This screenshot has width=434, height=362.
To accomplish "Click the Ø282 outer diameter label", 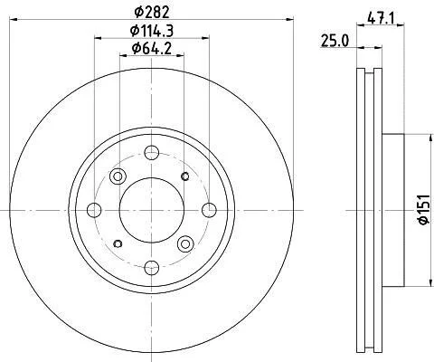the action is [x=152, y=13].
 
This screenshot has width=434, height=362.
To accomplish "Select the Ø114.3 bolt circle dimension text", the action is [x=152, y=31].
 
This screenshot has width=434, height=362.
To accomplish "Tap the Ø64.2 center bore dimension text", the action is [x=152, y=49].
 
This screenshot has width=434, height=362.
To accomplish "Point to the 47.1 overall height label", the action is [x=381, y=19].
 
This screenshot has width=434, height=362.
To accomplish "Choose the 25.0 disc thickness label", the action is [x=335, y=41].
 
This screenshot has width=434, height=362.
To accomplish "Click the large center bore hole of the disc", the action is [x=152, y=210].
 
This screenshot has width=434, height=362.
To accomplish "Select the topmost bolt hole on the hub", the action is [x=152, y=153].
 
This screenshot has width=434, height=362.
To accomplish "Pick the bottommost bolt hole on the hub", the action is [x=152, y=267].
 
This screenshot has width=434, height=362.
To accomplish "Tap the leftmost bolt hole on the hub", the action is [x=94, y=210].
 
